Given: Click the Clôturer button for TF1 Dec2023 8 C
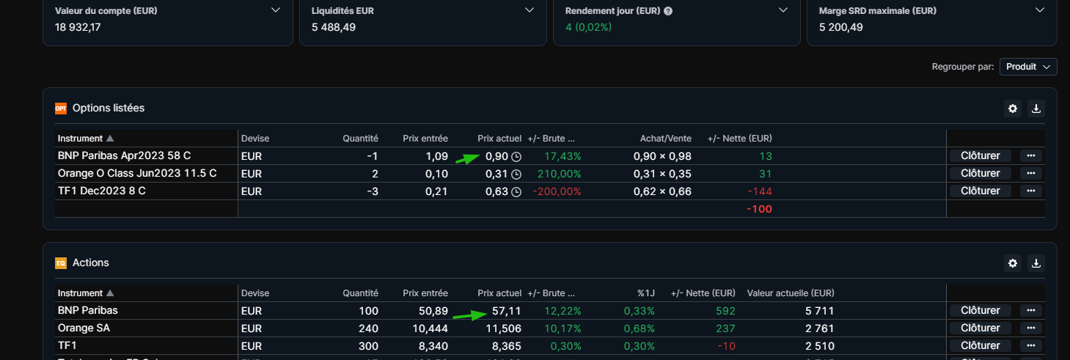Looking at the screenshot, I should point(980,191).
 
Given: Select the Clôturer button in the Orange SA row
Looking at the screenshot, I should point(980,328).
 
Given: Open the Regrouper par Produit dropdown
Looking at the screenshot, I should point(1027,67).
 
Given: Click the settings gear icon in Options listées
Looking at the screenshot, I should point(1013,109).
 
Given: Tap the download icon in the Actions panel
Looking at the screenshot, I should point(1036,263).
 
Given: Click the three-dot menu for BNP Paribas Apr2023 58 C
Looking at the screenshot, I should point(1030,155).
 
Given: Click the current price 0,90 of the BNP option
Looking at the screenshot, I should point(496,156).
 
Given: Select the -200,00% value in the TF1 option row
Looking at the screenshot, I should point(557,191).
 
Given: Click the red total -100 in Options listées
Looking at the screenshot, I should point(758,209).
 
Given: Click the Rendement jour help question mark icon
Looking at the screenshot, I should point(668,11).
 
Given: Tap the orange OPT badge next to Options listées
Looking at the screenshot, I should point(61,109).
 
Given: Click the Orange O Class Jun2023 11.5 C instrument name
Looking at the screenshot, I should point(137,174).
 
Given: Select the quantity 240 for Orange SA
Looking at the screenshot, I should point(369,328).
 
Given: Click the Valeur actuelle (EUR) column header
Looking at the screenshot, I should point(790,293).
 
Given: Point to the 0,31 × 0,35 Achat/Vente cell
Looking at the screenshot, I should point(662,174).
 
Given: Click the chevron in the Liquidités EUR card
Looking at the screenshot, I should point(529,10).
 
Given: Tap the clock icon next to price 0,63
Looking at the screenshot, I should point(516,191).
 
